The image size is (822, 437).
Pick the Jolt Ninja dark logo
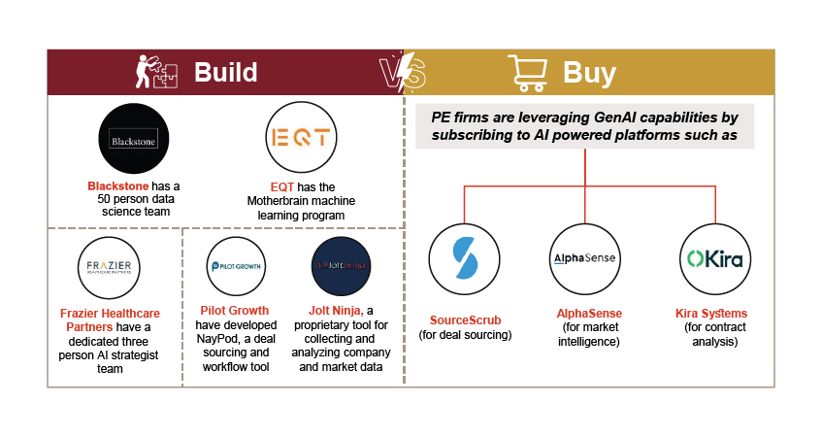[x=340, y=266]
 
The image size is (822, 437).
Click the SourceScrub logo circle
[x=465, y=258]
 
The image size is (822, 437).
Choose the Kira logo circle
[x=715, y=258]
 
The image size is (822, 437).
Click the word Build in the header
[x=225, y=73]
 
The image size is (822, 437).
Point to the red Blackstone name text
[x=113, y=185]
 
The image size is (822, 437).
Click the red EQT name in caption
[x=269, y=185]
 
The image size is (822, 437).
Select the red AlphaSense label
[x=589, y=314]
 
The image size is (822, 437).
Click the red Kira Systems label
[x=711, y=314]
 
